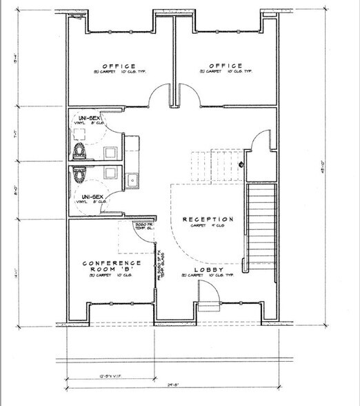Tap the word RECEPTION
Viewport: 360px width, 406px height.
208,220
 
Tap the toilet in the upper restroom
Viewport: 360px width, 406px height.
79,149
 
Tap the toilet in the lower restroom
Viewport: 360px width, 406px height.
79,175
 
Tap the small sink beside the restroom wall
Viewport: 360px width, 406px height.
133,180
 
